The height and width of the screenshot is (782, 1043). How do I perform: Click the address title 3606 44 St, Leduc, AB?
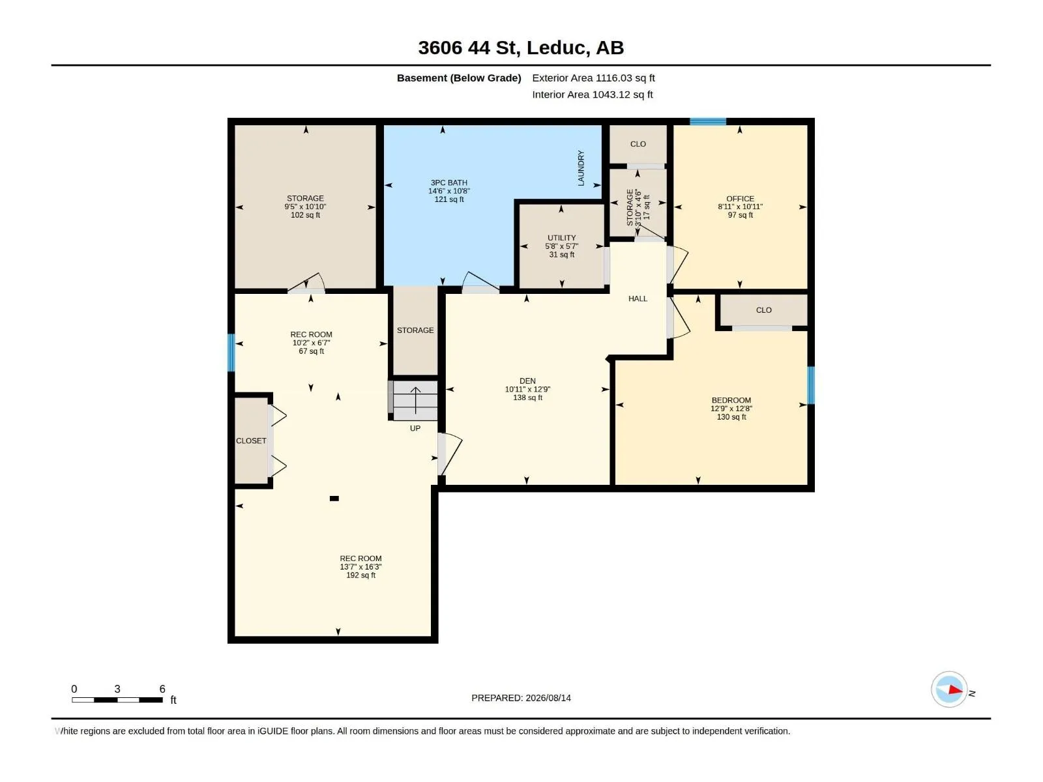521,48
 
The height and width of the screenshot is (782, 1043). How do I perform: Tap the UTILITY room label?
561,238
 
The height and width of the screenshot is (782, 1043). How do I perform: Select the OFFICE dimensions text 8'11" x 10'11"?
740,207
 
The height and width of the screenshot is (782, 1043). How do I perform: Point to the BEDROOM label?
731,400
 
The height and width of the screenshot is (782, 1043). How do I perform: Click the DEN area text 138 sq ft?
527,398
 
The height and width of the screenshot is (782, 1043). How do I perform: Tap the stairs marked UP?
415,401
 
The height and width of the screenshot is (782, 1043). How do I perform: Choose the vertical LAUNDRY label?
581,168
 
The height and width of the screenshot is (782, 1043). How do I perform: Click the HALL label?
638,298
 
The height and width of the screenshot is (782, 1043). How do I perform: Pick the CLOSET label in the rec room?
251,441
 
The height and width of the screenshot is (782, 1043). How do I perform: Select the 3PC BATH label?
448,183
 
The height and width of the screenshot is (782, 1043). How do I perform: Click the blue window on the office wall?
707,122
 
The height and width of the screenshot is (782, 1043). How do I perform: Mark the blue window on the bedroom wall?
811,385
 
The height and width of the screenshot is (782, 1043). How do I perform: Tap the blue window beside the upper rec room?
231,353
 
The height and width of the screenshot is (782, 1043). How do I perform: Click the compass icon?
949,689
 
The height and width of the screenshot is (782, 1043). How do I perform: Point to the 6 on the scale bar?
162,689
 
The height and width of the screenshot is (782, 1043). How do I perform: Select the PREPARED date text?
521,698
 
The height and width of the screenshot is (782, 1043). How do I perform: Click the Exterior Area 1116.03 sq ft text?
593,78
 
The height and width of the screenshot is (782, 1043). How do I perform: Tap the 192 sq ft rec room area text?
360,575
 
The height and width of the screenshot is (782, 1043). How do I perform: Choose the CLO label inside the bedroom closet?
763,310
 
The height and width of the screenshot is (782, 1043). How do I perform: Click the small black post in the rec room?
334,499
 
